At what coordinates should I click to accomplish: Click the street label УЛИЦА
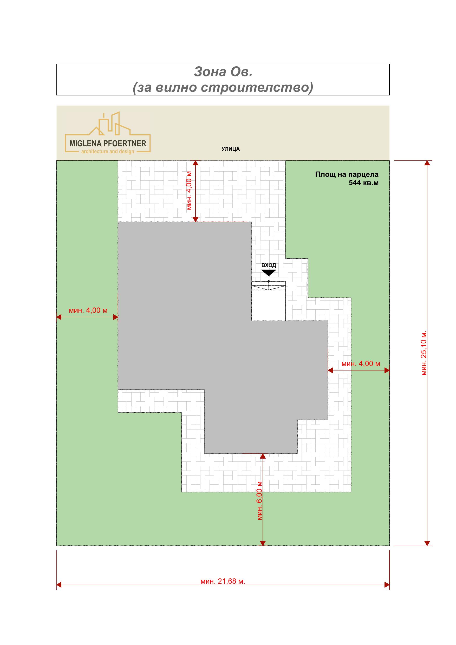pos(230,149)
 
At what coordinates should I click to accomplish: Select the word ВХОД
pos(269,265)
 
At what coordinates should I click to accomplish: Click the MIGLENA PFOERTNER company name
pos(108,144)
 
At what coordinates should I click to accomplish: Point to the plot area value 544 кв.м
pos(363,183)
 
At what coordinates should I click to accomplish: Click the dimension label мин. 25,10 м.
pos(424,353)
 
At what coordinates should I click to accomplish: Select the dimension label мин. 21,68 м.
pos(223,581)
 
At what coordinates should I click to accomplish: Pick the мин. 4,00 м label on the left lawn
pos(88,310)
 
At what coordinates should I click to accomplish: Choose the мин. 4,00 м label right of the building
pos(361,364)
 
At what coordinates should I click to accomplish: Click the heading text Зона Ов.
pos(223,72)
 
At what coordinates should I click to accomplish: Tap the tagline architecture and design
pos(108,152)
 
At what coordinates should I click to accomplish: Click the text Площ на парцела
pos(347,174)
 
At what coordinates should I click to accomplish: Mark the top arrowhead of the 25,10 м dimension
pos(427,163)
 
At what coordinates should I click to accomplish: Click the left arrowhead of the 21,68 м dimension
pos(59,585)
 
